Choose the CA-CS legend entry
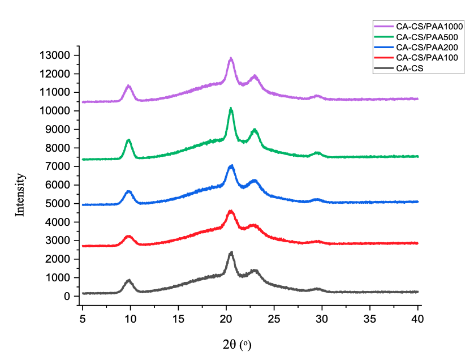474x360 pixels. pos(410,68)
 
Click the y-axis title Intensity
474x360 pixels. pos(20,195)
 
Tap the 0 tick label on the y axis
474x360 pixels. pos(67,296)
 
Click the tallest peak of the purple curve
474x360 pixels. pos(231,58)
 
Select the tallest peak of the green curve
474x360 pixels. pos(231,108)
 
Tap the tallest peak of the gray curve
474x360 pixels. pos(231,252)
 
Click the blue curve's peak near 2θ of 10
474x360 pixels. pos(129,191)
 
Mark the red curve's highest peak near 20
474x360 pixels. pos(230,211)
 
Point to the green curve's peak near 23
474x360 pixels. pos(255,130)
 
